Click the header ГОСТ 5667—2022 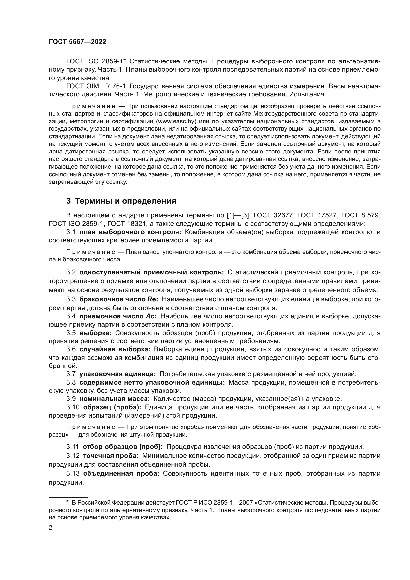click(x=78, y=42)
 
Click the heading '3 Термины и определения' click(x=121, y=201)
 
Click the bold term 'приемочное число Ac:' click(x=118, y=316)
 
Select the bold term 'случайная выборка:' click(x=115, y=349)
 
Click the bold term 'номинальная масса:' click(x=115, y=399)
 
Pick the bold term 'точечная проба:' click(x=111, y=456)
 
